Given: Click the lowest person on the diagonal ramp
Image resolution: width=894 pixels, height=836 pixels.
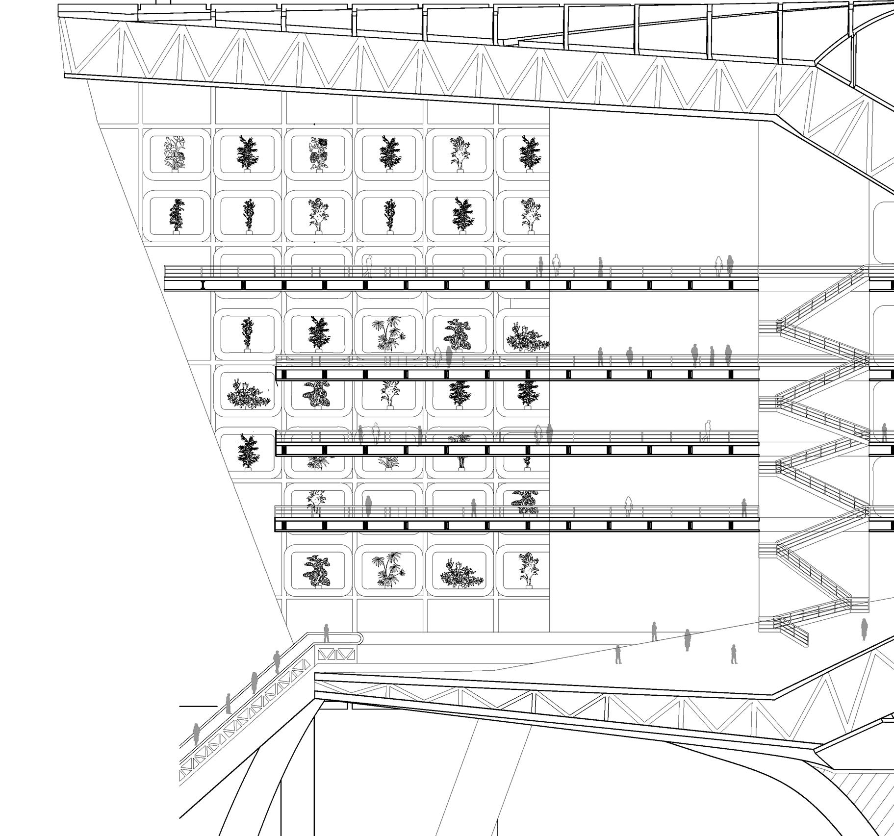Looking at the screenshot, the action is click(x=196, y=734).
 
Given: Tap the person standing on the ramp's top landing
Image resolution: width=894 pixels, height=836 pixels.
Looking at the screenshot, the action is click(x=326, y=633).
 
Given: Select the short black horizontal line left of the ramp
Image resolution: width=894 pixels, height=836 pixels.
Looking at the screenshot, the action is click(x=198, y=706).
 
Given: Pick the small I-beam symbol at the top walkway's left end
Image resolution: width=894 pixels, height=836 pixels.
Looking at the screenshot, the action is click(x=203, y=285).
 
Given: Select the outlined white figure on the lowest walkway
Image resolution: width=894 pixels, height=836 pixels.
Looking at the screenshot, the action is click(x=628, y=507).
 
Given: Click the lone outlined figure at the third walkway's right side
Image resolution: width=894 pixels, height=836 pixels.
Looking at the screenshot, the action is click(x=707, y=431).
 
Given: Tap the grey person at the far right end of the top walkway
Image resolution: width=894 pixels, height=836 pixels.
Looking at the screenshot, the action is click(x=730, y=266).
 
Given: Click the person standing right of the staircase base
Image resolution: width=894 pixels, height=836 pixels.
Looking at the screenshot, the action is click(x=864, y=630).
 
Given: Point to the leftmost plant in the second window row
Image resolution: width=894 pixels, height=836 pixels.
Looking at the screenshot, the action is click(x=176, y=215).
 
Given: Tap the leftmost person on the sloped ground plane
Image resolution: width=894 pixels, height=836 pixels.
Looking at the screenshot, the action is click(x=618, y=655).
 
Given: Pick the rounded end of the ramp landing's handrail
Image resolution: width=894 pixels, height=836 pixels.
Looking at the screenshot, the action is click(x=360, y=637).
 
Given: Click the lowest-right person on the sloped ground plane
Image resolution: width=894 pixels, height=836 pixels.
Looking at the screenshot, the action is click(x=734, y=654).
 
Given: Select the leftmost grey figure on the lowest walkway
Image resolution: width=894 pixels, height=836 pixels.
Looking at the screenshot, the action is click(x=368, y=506).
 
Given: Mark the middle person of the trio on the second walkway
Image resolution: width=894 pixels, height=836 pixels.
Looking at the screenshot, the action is click(x=712, y=356).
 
